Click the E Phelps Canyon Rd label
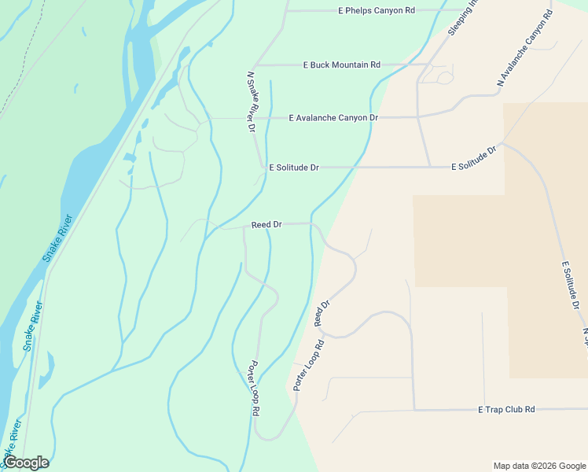click(376, 10)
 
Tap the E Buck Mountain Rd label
click(341, 65)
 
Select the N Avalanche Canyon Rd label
click(525, 48)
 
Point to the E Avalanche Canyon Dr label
click(333, 118)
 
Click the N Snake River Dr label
click(252, 101)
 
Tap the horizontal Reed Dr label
click(266, 225)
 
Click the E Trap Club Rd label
click(506, 410)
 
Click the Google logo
click(27, 462)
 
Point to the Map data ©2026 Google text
click(538, 466)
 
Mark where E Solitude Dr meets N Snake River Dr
click(263, 168)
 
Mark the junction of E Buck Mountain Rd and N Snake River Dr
click(256, 65)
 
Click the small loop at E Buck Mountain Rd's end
click(444, 76)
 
